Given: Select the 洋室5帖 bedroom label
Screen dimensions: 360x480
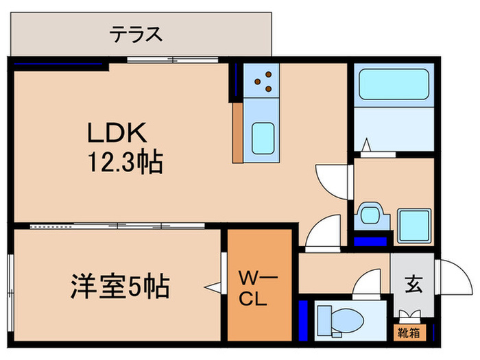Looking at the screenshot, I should (120, 285).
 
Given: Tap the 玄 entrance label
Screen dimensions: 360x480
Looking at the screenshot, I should (413, 283).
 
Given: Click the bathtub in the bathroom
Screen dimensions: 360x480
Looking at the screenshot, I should (393, 86).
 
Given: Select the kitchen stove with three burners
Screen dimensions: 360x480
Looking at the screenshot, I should (263, 81).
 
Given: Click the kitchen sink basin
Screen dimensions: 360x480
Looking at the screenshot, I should (263, 138).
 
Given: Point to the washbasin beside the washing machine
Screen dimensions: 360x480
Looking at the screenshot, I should (370, 215).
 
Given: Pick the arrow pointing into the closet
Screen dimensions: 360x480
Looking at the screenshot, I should (213, 287).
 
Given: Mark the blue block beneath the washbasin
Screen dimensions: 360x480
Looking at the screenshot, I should (370, 241).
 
